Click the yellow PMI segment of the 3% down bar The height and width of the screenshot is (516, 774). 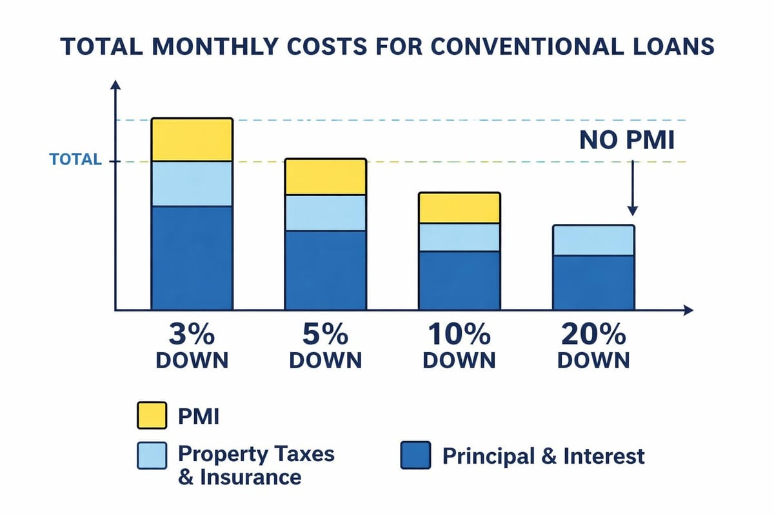(x=192, y=139)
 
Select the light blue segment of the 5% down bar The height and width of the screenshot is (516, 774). (x=326, y=213)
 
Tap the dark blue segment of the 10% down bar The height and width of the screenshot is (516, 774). (x=459, y=281)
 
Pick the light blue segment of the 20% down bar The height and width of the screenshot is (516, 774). (x=593, y=241)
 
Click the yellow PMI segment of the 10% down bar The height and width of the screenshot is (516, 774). (x=459, y=208)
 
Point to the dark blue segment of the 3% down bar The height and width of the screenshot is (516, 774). (x=192, y=258)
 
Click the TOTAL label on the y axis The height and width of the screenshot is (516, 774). (x=75, y=160)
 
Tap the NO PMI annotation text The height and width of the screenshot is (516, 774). (x=626, y=140)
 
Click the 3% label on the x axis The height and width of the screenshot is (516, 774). (x=192, y=336)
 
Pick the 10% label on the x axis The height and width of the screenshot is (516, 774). (x=459, y=336)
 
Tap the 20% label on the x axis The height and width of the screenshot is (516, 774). (x=593, y=336)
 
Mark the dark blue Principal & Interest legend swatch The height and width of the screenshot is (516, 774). (x=415, y=456)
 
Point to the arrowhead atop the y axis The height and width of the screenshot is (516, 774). (x=115, y=85)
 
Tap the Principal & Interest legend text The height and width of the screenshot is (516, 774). (x=543, y=457)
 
